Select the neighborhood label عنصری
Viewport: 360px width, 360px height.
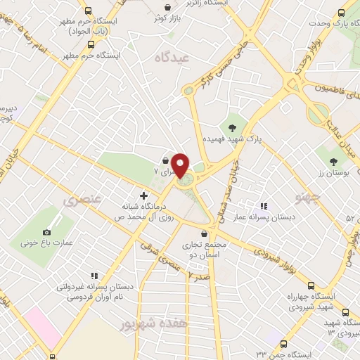click(x=82, y=200)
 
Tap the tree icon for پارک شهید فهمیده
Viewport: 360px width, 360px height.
click(x=232, y=128)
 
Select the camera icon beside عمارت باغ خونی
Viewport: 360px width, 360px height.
click(x=47, y=232)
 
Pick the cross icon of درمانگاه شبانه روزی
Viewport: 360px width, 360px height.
click(x=144, y=195)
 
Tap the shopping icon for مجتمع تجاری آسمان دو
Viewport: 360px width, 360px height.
click(x=204, y=234)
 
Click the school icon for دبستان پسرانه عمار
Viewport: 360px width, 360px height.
click(x=264, y=206)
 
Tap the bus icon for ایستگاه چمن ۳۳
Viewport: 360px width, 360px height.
click(x=283, y=345)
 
